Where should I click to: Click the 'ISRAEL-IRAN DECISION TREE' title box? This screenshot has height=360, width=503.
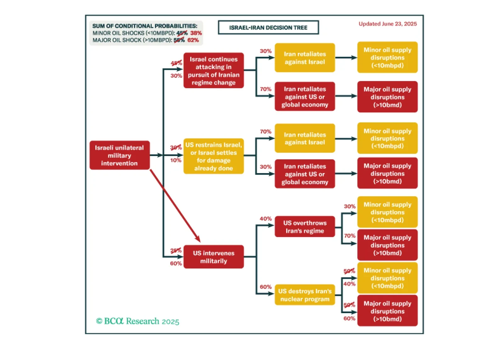[x=268, y=28]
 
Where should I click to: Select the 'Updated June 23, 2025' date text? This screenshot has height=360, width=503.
[x=387, y=24]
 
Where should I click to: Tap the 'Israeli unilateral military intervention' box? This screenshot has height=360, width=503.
[x=119, y=155]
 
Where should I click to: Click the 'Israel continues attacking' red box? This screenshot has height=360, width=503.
[x=213, y=71]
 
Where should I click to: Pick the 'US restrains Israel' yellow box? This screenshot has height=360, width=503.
[x=213, y=156]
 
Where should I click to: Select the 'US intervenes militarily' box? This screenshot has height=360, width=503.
[x=213, y=257]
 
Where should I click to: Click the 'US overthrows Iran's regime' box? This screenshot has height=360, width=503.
[x=304, y=227]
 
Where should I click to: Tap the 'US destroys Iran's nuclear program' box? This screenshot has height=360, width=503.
[x=304, y=295]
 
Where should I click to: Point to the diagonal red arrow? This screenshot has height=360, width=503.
[x=175, y=205]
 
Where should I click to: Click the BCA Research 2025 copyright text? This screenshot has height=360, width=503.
[x=138, y=321]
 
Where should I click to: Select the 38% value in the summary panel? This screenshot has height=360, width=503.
[x=196, y=33]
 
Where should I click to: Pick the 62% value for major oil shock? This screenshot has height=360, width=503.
[x=193, y=40]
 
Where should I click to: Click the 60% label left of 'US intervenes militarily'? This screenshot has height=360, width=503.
[x=176, y=263]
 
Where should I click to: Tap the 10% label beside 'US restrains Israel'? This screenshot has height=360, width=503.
[x=176, y=160]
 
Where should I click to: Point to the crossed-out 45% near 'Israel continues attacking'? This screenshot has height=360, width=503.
[x=176, y=63]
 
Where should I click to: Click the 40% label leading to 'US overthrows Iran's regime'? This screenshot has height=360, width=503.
[x=265, y=219]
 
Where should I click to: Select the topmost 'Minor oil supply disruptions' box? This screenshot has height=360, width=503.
[x=387, y=58]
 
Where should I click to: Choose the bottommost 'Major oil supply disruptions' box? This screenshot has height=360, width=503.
[x=387, y=311]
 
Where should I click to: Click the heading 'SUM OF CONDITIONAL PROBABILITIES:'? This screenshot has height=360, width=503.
[x=145, y=26]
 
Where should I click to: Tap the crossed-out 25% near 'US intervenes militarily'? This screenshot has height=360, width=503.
[x=176, y=250]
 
